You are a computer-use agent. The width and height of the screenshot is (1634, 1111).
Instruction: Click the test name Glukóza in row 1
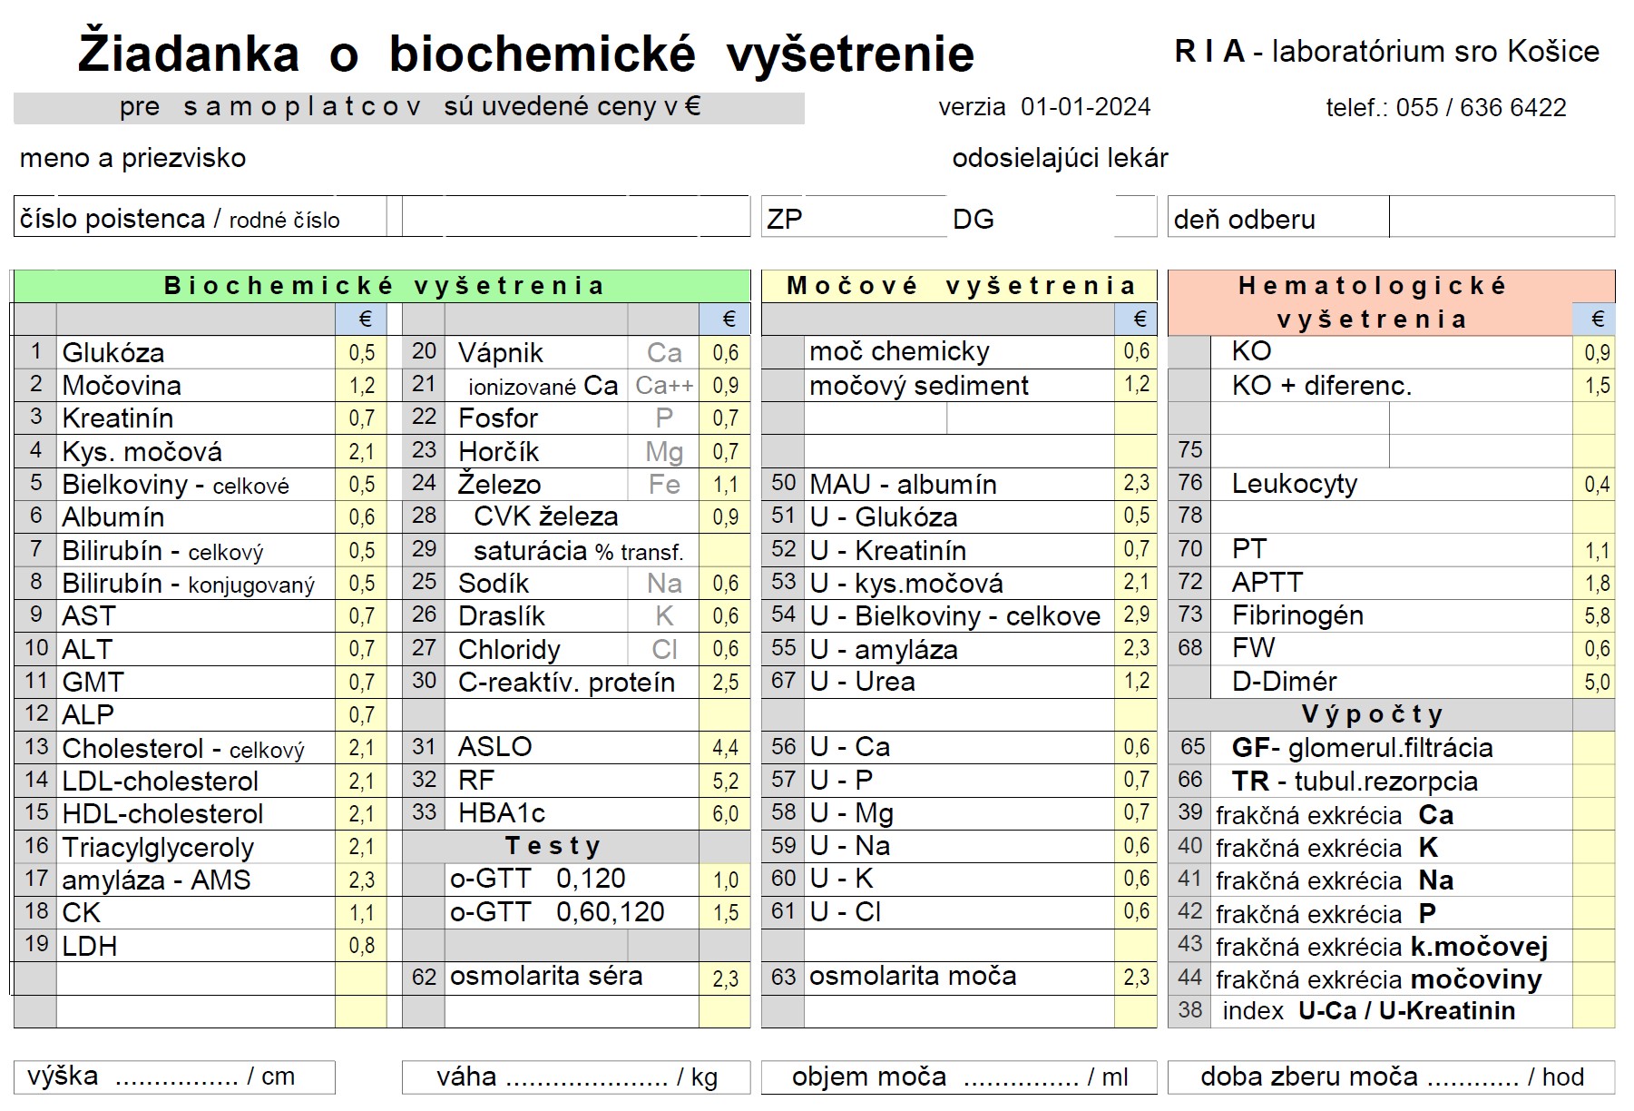113,352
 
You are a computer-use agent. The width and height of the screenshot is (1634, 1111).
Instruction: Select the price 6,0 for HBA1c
725,813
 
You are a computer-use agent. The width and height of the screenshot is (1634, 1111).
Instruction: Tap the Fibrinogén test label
1297,615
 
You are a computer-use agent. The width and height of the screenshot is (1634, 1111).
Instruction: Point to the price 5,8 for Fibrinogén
1597,616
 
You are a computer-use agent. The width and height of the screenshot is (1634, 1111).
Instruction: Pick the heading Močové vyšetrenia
961,286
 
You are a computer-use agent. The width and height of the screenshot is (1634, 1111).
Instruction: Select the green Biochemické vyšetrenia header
383,286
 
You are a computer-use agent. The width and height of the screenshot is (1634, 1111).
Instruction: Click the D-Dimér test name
1284,682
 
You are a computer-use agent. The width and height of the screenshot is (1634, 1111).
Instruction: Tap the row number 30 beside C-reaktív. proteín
424,681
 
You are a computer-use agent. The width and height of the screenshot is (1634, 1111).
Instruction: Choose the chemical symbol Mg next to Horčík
663,451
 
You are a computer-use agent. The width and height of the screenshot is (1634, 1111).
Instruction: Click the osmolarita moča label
913,977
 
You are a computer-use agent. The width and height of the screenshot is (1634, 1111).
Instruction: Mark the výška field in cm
174,1077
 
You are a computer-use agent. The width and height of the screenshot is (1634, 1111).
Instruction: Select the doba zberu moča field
1391,1077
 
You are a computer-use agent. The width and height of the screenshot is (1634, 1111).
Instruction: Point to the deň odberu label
1244,220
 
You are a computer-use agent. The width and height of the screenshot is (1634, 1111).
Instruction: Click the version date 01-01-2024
1085,107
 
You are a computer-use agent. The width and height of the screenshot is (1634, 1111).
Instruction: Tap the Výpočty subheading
1372,714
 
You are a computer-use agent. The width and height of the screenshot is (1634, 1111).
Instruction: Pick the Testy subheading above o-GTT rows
553,846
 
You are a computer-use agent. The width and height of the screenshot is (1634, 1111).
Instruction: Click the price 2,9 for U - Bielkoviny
1136,615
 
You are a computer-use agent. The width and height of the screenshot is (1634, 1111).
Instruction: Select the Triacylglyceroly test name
158,847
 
